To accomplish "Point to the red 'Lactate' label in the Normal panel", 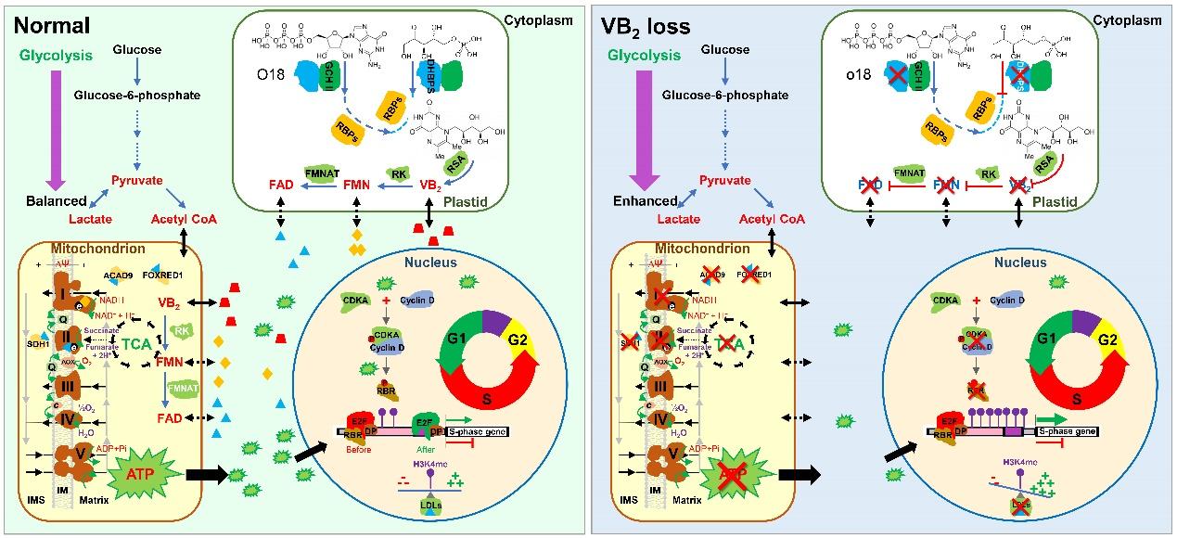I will (90, 219).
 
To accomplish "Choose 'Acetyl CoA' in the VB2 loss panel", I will (774, 220).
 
